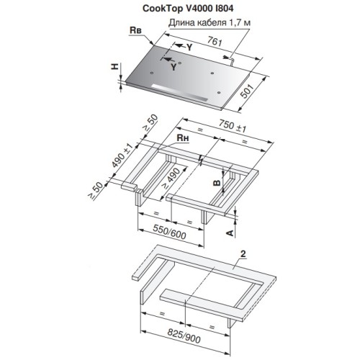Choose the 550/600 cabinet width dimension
pos(160,234)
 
